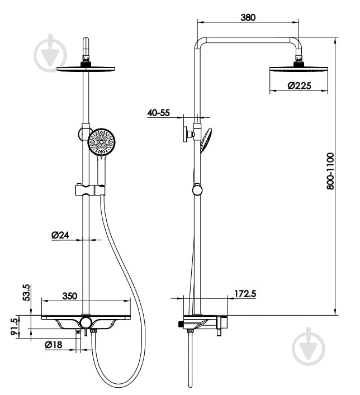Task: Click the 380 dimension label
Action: (x=248, y=17)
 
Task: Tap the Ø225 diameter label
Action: (x=299, y=85)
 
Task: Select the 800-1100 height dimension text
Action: (x=330, y=171)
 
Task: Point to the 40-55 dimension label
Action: (x=159, y=113)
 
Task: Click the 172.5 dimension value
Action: (x=245, y=293)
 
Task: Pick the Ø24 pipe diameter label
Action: (x=60, y=235)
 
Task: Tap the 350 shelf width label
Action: (x=69, y=296)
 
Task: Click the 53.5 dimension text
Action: (x=27, y=292)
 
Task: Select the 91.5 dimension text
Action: (x=15, y=326)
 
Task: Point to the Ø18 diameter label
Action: (x=54, y=345)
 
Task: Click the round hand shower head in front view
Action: (x=101, y=142)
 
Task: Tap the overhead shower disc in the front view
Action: (x=86, y=69)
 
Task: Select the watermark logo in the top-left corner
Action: (x=50, y=54)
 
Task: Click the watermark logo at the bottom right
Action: (x=309, y=347)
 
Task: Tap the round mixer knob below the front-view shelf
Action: (x=86, y=323)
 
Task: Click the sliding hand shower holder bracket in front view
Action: (x=90, y=190)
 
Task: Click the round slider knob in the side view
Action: (x=197, y=190)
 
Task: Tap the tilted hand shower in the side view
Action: (x=206, y=140)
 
